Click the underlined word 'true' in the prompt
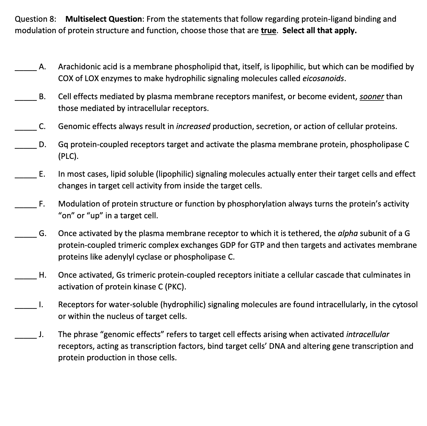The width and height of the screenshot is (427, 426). pyautogui.click(x=269, y=31)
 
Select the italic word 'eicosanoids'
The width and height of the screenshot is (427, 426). pyautogui.click(x=323, y=78)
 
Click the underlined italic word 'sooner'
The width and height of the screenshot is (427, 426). pyautogui.click(x=372, y=96)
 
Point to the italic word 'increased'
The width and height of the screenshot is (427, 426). pyautogui.click(x=193, y=126)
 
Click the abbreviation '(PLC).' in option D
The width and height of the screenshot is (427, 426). pyautogui.click(x=69, y=156)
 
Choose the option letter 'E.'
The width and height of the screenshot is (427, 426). pyautogui.click(x=42, y=174)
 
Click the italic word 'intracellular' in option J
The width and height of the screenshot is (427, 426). pyautogui.click(x=368, y=334)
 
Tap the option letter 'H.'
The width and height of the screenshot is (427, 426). pyautogui.click(x=42, y=275)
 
